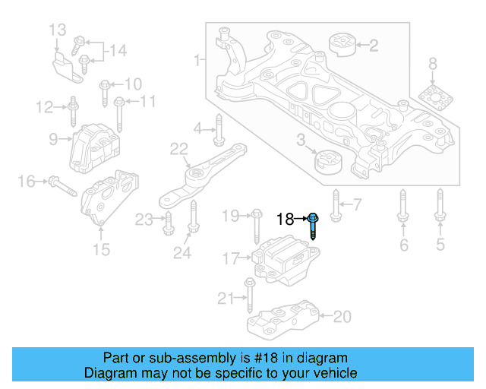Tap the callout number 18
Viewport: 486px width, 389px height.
tap(285, 220)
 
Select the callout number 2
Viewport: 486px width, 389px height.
tap(373, 46)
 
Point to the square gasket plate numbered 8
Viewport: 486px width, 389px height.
tap(433, 100)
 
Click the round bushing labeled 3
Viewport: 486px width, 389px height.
tap(329, 163)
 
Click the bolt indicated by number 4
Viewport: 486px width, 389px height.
tap(218, 130)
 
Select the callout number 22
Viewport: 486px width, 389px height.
tap(178, 149)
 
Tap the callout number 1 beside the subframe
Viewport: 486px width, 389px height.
tap(197, 59)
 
